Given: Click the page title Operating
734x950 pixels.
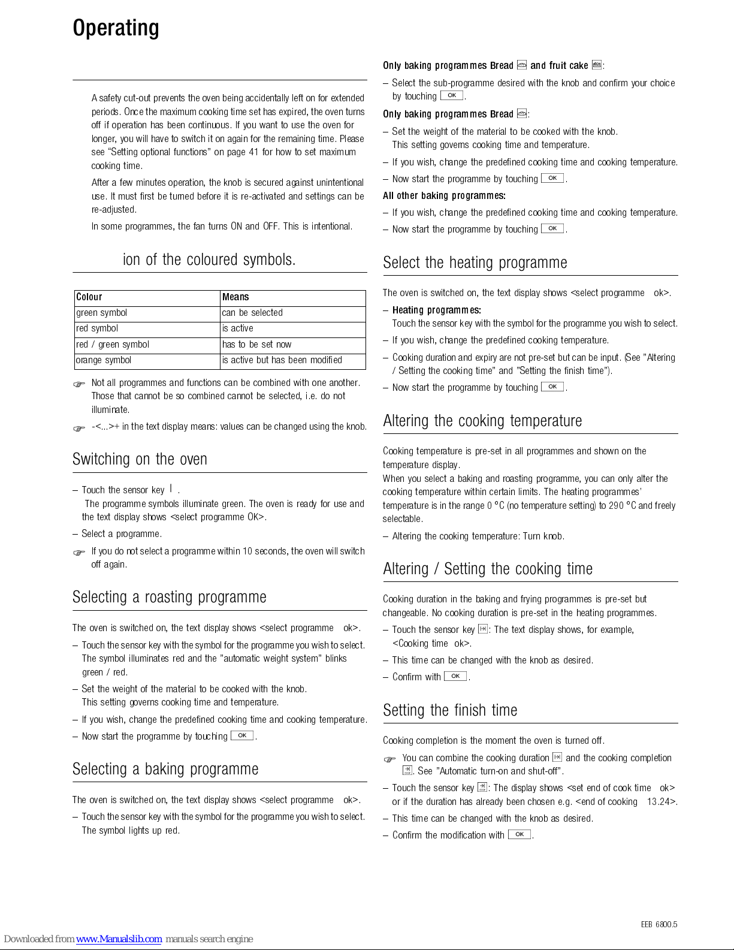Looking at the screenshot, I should click(x=116, y=28).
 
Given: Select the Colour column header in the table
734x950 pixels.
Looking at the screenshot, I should click(x=89, y=297).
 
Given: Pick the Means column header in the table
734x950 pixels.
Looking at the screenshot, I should click(x=235, y=297).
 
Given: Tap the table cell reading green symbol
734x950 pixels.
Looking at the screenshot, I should click(x=102, y=313).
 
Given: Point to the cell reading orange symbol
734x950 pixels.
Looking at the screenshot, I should click(x=104, y=360).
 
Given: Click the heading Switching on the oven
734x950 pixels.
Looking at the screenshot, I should click(x=140, y=459).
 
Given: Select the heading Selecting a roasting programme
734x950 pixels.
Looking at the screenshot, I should click(x=169, y=597).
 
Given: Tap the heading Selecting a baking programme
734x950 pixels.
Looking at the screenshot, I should click(x=165, y=769).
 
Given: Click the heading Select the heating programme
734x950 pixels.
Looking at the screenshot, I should click(x=475, y=263).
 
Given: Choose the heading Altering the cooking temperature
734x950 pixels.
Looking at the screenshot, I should click(x=482, y=421).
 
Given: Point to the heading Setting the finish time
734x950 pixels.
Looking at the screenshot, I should click(x=450, y=710).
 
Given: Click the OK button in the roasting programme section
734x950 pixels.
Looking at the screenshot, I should click(x=242, y=735).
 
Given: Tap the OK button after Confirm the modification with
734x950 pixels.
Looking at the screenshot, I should click(x=519, y=834).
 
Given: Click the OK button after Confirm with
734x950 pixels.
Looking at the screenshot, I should click(x=455, y=676).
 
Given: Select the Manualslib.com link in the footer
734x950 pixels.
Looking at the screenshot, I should click(x=119, y=939).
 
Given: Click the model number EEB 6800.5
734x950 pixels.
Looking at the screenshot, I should click(x=659, y=924).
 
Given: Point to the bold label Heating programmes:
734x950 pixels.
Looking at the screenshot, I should click(x=436, y=310).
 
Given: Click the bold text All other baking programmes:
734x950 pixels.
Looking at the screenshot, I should click(x=444, y=195).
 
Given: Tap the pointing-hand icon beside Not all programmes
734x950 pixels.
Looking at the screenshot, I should click(x=79, y=384).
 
